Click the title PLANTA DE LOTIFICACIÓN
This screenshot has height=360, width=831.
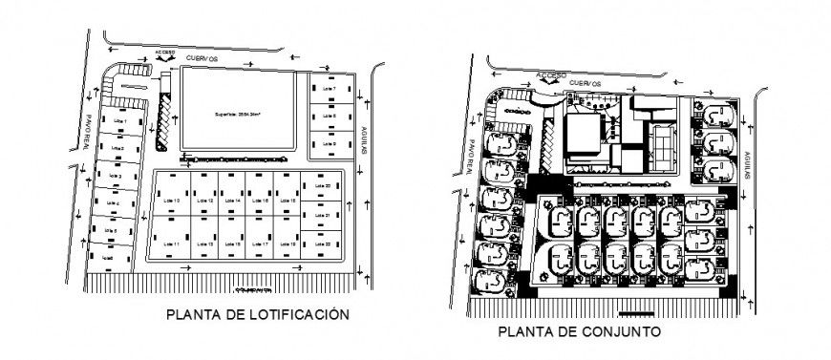252,313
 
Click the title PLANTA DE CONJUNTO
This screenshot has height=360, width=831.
578,332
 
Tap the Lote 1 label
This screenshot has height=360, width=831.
119,122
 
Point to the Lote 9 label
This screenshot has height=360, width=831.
330,143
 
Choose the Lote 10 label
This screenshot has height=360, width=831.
173,200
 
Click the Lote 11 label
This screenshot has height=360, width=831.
173,245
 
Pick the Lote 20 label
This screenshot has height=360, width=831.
321,185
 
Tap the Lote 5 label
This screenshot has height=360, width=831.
112,231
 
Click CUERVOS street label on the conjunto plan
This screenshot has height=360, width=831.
585,83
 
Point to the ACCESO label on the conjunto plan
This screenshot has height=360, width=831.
551,74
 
